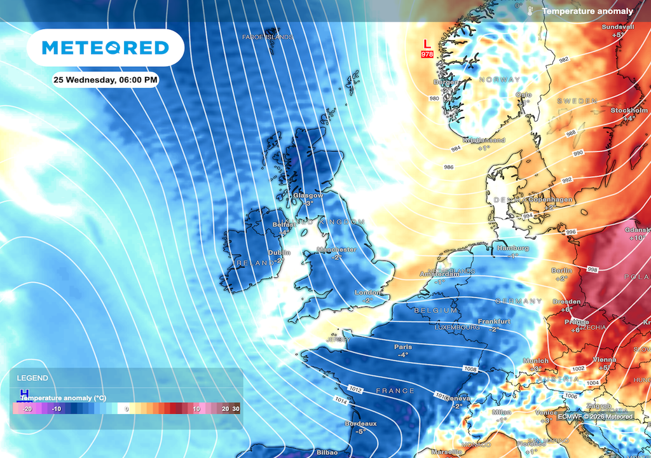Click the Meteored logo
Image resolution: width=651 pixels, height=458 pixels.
106,48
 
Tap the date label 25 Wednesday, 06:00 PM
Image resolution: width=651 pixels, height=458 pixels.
106,80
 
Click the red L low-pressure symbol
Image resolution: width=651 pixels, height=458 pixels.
427,44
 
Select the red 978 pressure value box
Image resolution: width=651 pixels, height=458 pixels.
427,55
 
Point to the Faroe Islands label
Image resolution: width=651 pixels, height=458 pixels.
268,37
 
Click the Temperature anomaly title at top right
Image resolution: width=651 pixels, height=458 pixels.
587,11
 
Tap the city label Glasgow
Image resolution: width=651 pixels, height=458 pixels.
308,195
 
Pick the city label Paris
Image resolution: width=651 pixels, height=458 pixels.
402,347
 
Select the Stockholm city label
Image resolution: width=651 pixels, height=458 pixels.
629,111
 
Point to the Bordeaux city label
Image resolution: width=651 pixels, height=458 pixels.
360,423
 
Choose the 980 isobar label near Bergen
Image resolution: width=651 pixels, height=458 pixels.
434,99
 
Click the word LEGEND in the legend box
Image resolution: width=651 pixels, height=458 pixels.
32,378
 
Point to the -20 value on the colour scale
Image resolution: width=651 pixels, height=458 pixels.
27,408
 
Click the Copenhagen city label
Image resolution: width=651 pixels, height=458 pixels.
551,200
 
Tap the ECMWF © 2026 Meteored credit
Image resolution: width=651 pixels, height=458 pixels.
595,417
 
